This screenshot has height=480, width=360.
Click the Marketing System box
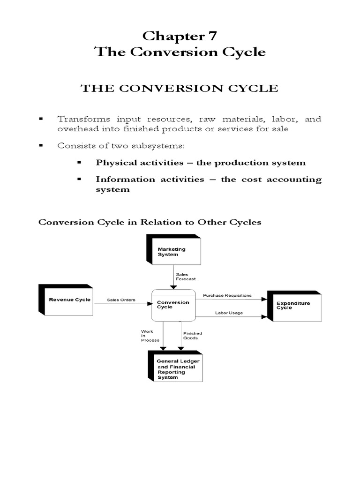(x=174, y=252)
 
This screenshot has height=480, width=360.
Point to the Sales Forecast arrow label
(x=183, y=276)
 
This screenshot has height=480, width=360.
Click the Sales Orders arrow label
(x=121, y=299)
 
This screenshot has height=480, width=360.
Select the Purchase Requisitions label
(x=227, y=295)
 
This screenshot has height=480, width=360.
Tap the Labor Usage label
(x=229, y=313)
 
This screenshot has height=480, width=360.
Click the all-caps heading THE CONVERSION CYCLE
(x=180, y=88)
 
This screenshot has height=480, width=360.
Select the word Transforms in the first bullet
(x=77, y=119)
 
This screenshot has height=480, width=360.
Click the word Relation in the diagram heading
(x=155, y=222)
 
